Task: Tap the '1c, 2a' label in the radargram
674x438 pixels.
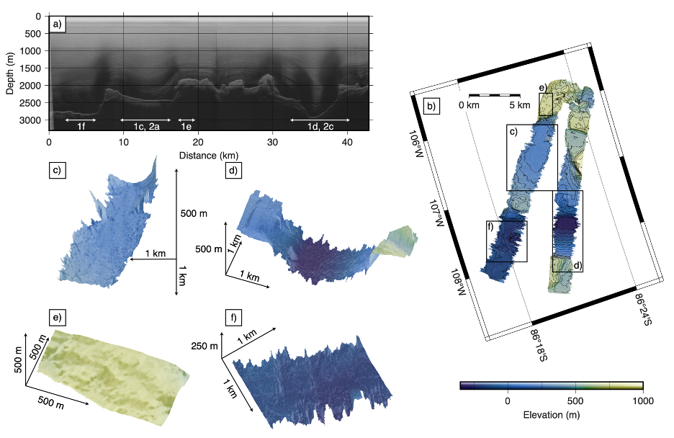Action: [146, 127]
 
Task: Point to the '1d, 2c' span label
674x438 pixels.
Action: [320, 127]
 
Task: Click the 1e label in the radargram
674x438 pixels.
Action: [187, 127]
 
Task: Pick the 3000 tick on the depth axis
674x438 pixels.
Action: [32, 120]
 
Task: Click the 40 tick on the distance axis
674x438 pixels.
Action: [347, 144]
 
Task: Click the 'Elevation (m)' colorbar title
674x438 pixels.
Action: [551, 415]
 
